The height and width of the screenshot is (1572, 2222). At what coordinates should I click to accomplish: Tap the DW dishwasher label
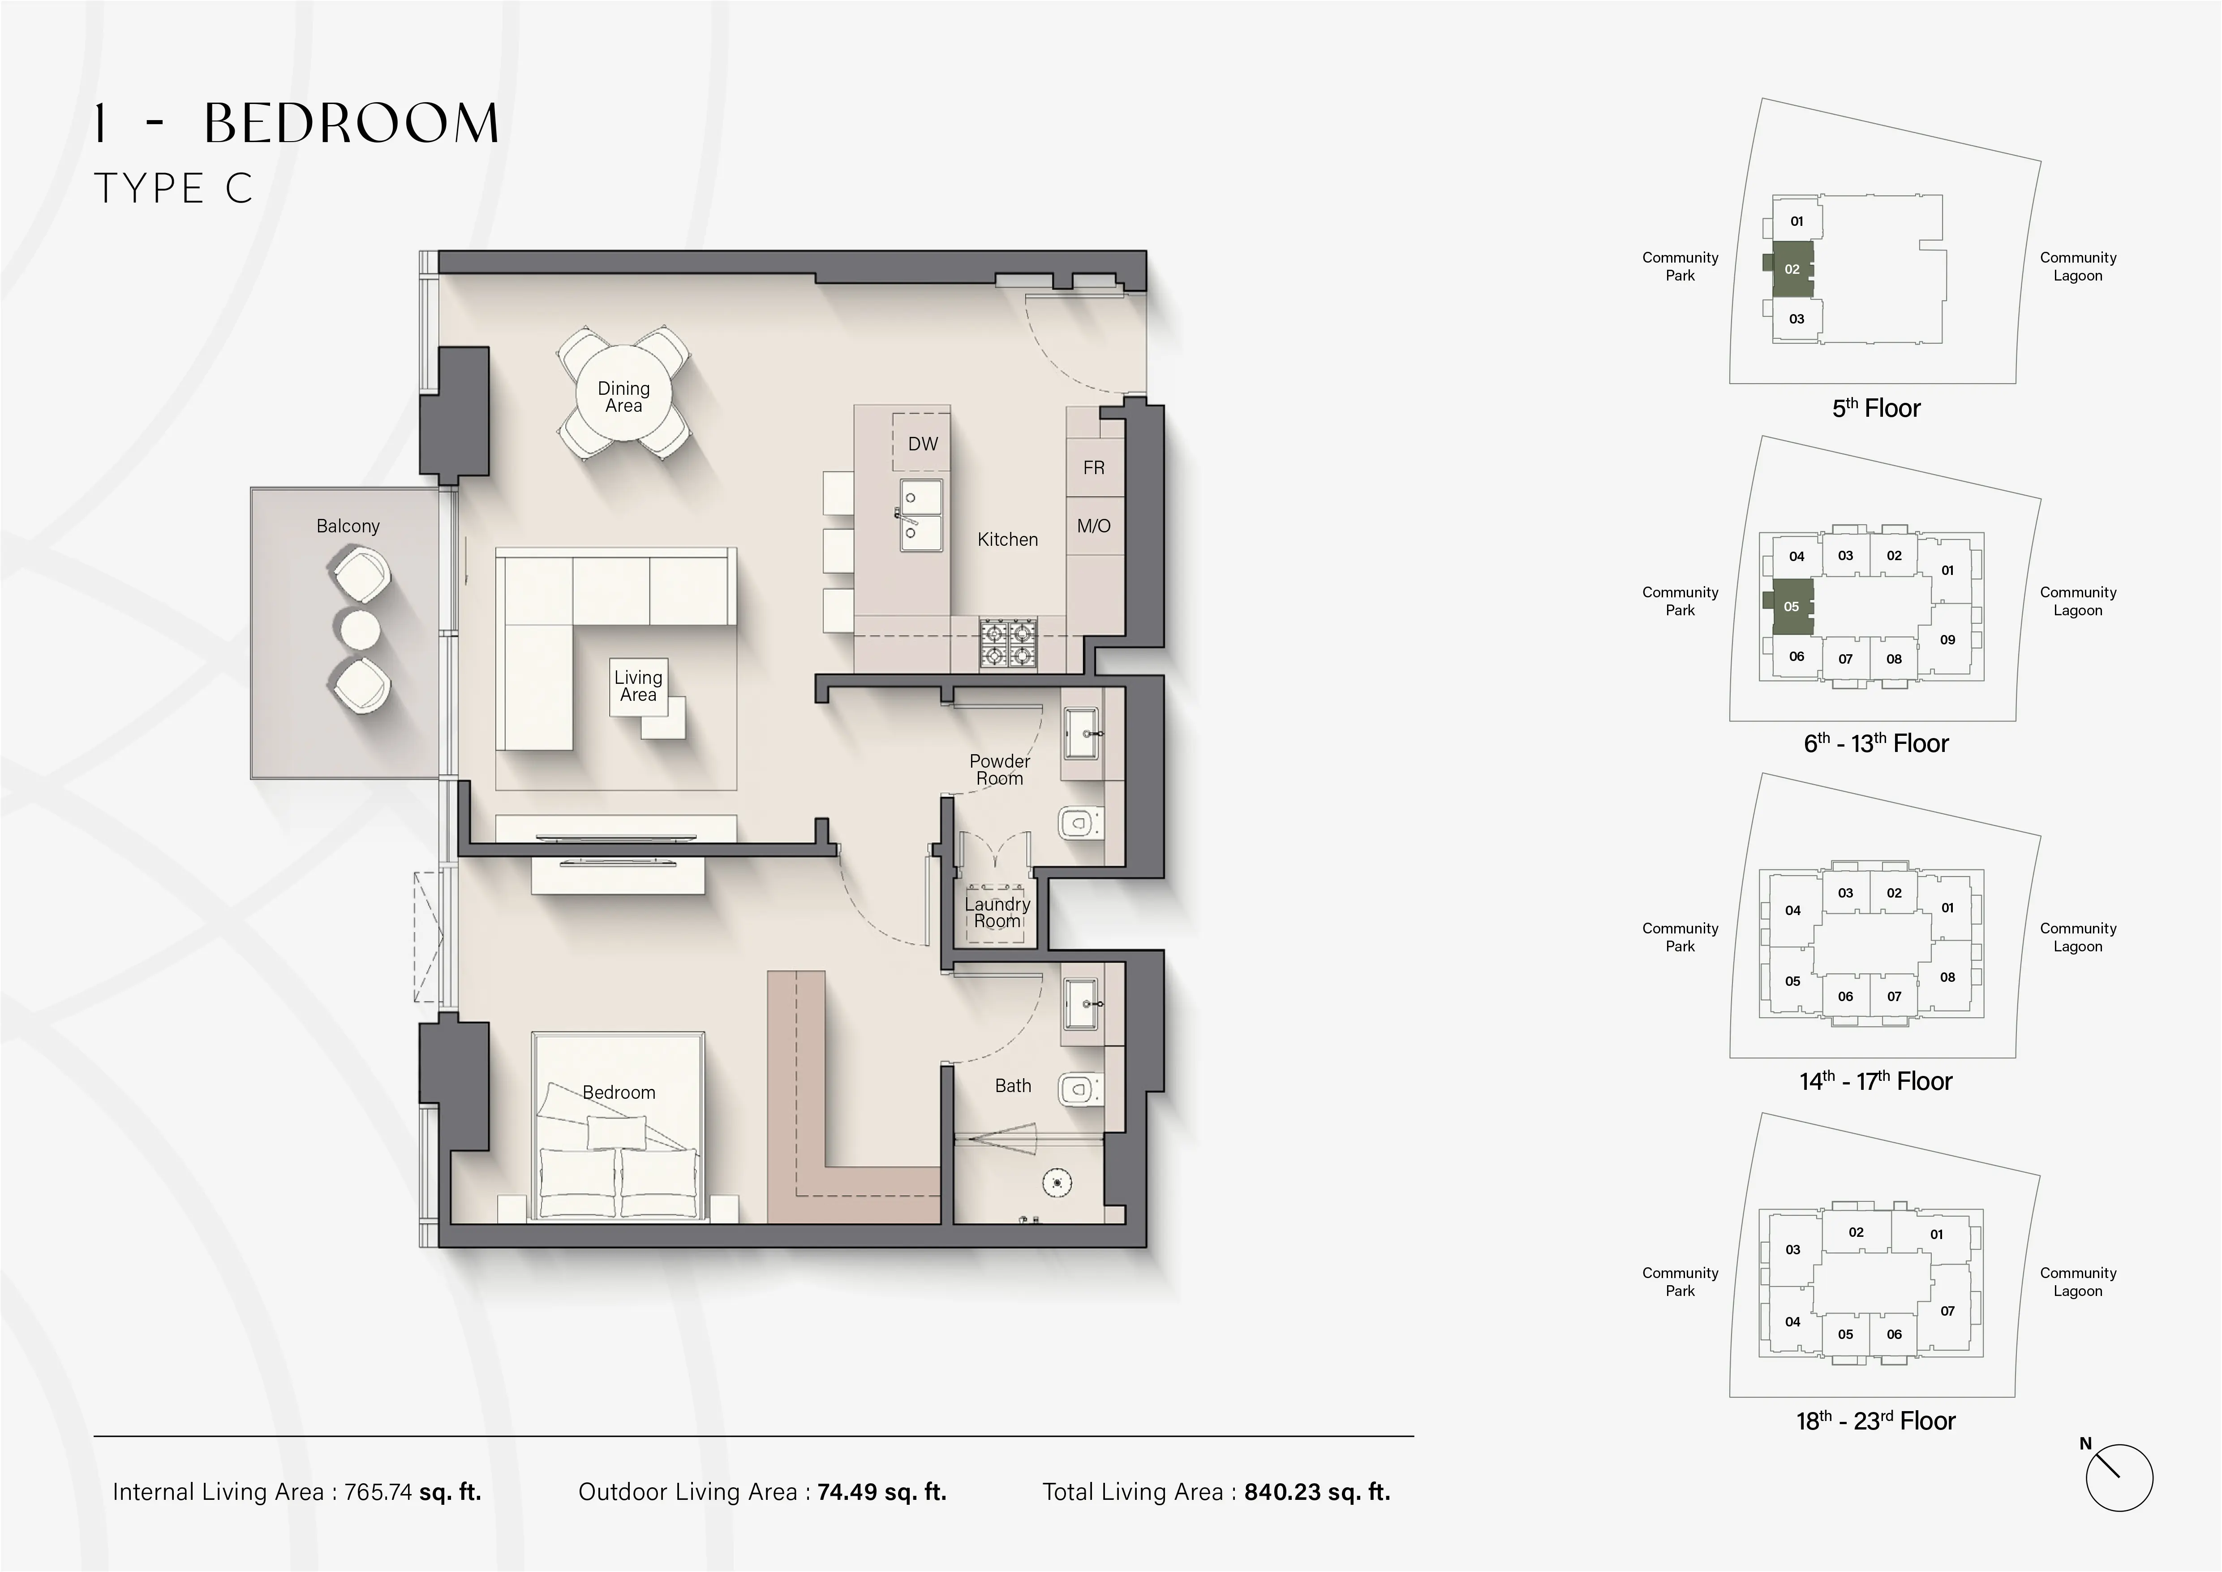(922, 444)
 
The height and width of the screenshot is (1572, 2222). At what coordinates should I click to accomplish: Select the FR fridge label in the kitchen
(1094, 468)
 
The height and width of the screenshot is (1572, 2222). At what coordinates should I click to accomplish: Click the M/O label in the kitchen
(1094, 527)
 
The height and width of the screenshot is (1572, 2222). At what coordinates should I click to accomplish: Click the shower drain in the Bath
(1057, 1182)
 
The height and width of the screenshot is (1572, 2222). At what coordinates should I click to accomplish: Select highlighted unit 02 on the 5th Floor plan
(1791, 269)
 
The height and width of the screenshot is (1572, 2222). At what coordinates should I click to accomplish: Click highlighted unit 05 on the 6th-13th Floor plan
(1791, 607)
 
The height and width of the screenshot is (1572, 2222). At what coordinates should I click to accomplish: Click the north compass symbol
(2119, 1478)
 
